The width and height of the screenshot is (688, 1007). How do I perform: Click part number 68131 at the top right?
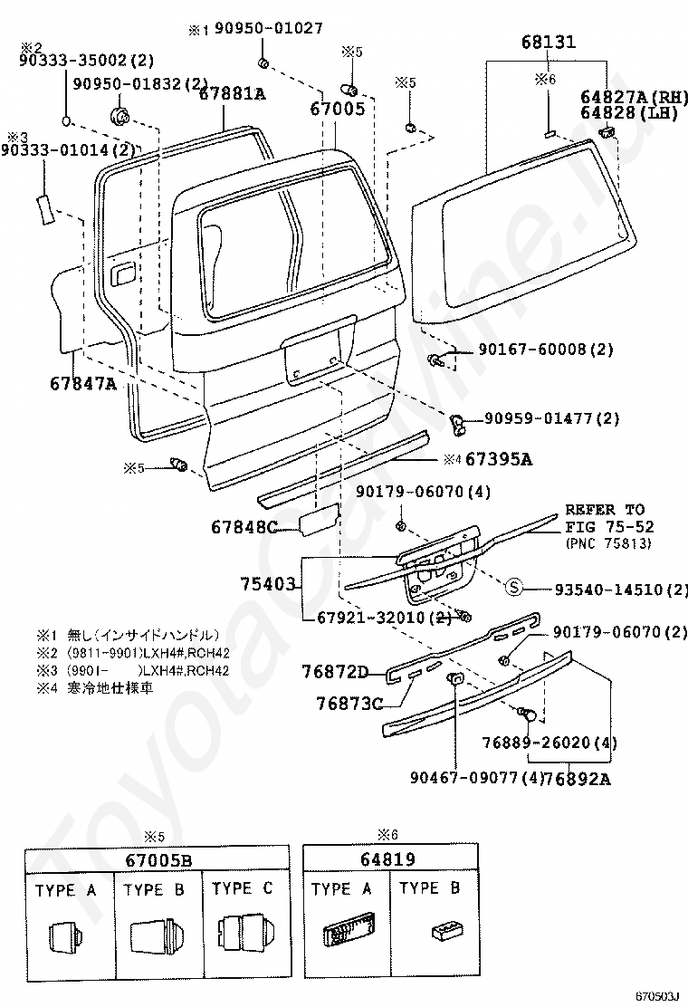(549, 43)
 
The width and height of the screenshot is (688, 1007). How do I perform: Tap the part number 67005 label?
(337, 109)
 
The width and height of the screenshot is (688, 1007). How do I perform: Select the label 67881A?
(233, 93)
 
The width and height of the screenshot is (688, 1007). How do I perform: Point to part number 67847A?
(83, 383)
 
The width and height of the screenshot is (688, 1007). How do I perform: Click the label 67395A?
(499, 459)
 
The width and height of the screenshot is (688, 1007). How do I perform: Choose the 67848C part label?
(244, 526)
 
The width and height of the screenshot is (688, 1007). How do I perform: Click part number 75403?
(269, 584)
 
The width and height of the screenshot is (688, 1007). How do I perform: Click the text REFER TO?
(606, 510)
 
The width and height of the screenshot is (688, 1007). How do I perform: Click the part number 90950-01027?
(268, 29)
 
